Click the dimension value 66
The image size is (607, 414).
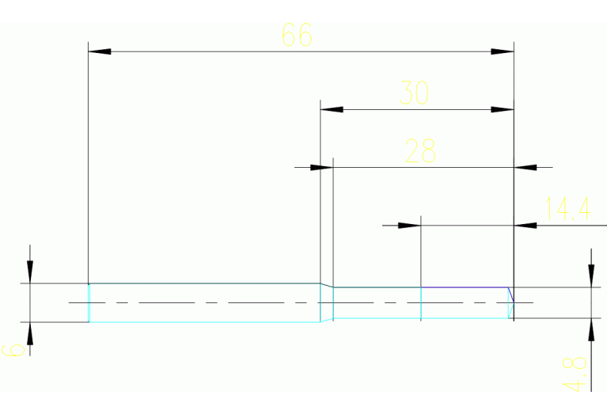click(x=298, y=36)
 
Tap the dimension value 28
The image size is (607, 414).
click(x=420, y=150)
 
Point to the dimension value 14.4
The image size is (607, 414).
click(x=568, y=209)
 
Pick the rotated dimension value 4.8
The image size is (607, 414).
click(x=576, y=374)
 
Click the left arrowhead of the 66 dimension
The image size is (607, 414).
click(x=99, y=51)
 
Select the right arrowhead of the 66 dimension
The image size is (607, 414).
click(x=503, y=51)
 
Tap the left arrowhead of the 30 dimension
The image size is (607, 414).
click(x=331, y=109)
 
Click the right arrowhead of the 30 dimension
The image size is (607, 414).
click(x=503, y=109)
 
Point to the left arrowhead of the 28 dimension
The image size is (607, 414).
click(x=321, y=167)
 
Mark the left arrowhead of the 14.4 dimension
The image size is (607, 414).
click(x=408, y=226)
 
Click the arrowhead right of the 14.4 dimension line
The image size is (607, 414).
click(x=525, y=226)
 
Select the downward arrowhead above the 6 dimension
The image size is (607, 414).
click(x=30, y=272)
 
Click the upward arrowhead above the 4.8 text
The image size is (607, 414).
click(x=590, y=328)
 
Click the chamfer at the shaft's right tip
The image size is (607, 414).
click(x=510, y=294)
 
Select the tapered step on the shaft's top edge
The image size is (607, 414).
click(x=326, y=285)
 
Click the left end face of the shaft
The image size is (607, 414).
click(x=89, y=302)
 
